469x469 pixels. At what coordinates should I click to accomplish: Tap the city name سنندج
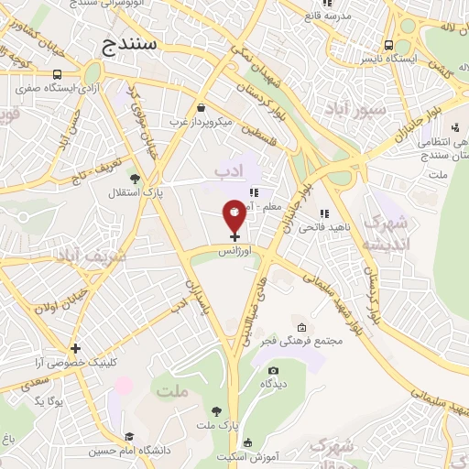[130, 42]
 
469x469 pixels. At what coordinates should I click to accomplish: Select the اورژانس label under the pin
[234, 249]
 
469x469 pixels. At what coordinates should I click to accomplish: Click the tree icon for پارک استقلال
[135, 178]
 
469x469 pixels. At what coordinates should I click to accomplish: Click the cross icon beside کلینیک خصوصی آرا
[75, 348]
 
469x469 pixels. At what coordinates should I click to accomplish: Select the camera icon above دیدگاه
[272, 370]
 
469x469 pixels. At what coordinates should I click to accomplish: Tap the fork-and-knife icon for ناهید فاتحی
[324, 213]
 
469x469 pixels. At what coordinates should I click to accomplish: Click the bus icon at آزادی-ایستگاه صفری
[58, 74]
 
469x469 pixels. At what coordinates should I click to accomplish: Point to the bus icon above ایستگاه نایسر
[389, 44]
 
